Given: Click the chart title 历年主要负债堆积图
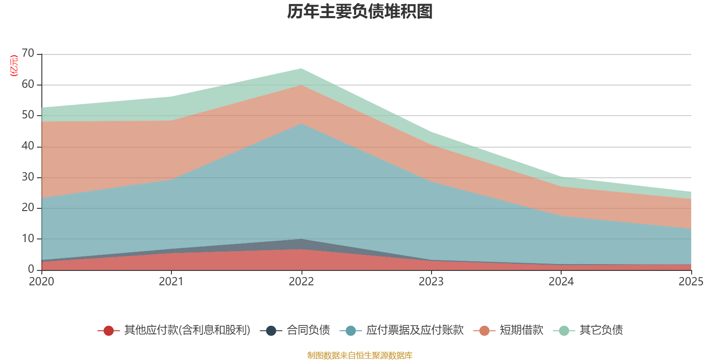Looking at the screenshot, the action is (360, 12).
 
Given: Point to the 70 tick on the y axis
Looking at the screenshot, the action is (28, 53).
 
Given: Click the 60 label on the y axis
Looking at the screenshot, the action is (28, 84).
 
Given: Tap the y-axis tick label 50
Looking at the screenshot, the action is (28, 115).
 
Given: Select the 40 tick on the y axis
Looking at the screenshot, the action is (28, 146).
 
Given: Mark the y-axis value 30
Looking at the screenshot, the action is (28, 177).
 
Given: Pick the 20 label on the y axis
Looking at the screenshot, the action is (28, 207).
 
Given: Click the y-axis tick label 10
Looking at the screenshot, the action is (28, 238).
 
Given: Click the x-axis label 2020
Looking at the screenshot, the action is (41, 282).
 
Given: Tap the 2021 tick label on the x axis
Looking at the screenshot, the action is (171, 282).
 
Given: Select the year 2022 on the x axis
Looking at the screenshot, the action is (301, 282).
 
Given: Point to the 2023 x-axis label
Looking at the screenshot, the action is (431, 282).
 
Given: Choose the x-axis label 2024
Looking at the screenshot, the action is (561, 282).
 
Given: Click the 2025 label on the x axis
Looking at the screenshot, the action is (691, 282).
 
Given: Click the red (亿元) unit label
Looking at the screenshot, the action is (14, 66).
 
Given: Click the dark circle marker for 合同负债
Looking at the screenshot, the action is (271, 331).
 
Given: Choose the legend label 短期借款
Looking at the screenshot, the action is (522, 330).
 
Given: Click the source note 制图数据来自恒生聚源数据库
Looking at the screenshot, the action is (360, 355).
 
